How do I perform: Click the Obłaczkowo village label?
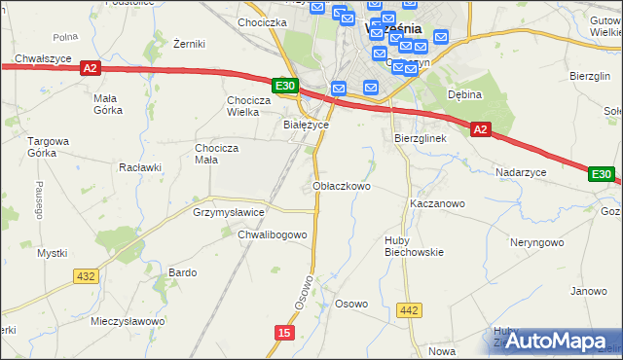341,186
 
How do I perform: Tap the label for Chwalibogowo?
273,234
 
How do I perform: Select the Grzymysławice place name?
229,211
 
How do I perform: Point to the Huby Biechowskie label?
414,245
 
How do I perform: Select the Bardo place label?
183,272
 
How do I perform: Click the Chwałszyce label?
45,58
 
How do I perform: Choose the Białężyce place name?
306,126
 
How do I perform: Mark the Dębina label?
465,94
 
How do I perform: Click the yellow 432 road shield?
86,276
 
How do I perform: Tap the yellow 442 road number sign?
409,309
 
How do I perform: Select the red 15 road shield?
283,333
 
